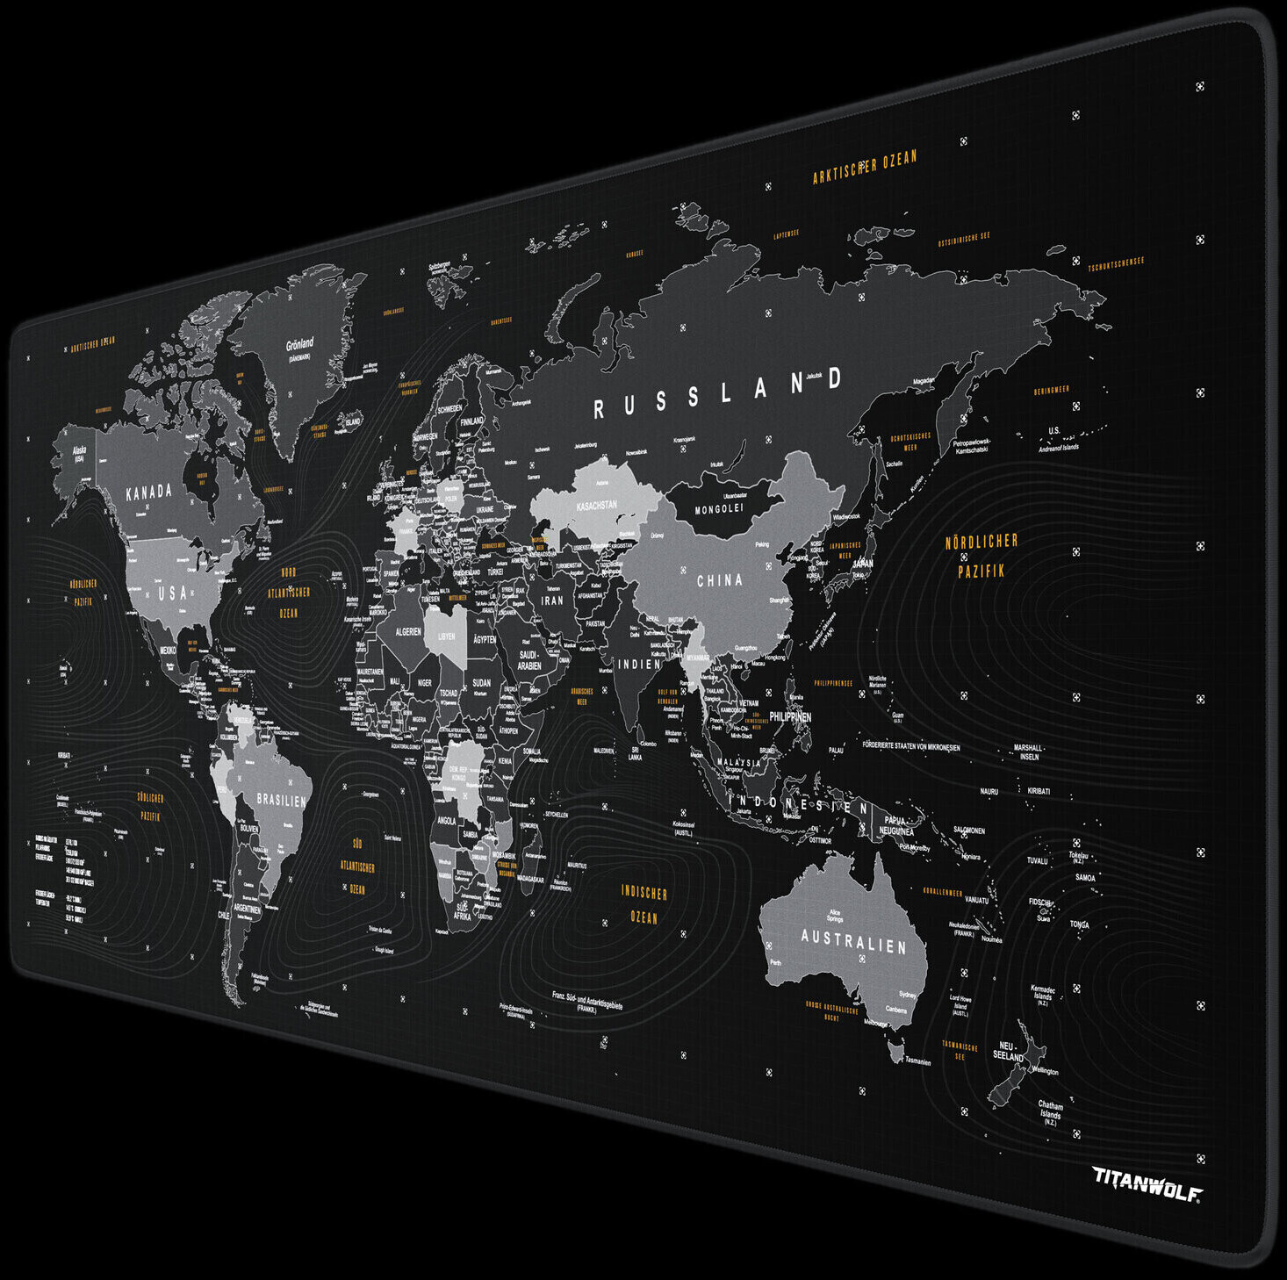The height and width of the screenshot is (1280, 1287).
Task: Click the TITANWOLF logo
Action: tap(1147, 1182)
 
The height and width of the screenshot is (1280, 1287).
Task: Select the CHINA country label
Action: tap(719, 580)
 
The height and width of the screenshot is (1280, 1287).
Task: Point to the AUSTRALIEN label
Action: tap(852, 941)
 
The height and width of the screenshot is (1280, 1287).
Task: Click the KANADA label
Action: tap(149, 493)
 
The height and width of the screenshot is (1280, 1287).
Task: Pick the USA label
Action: tap(173, 593)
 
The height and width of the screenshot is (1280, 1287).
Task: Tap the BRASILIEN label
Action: tap(281, 801)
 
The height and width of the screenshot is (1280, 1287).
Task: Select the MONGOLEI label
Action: tap(719, 509)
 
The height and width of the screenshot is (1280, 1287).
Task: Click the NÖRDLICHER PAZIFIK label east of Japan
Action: tap(981, 556)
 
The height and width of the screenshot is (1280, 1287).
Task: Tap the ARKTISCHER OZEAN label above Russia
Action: tap(864, 167)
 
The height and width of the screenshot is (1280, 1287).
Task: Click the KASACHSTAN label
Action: tap(596, 507)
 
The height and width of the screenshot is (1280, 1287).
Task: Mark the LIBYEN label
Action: tap(447, 636)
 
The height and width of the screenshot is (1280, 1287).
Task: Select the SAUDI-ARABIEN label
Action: tap(529, 660)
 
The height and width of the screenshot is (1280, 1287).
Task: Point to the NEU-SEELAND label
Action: tap(1008, 1052)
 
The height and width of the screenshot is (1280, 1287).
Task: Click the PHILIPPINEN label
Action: tap(790, 717)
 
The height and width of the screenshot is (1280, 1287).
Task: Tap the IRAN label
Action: tap(552, 601)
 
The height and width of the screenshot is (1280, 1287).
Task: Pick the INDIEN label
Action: tap(639, 665)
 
